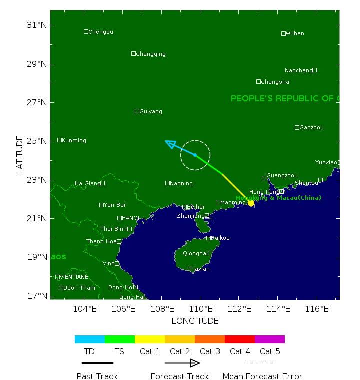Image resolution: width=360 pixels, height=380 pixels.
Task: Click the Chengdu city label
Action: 100,32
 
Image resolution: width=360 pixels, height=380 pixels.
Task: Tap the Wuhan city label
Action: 295,34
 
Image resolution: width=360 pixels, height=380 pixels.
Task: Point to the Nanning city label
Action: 181,183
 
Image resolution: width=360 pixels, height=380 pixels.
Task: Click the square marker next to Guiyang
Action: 137,111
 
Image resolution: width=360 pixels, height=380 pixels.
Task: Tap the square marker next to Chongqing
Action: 133,54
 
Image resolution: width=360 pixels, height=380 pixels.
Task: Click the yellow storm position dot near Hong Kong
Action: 251,203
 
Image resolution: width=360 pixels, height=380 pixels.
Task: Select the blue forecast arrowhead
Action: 170,144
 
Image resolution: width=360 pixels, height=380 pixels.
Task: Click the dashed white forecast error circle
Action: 195,141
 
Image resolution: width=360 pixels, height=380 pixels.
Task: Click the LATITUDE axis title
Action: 20,154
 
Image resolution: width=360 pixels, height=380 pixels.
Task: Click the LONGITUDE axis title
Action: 195,321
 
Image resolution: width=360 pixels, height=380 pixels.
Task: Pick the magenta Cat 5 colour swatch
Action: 270,339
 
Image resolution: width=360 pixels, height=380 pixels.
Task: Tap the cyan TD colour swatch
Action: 90,339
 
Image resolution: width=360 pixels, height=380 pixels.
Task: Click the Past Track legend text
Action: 97,376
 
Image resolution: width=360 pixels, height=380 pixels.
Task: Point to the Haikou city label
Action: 220,238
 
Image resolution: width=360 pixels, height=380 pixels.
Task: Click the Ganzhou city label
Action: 312,128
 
